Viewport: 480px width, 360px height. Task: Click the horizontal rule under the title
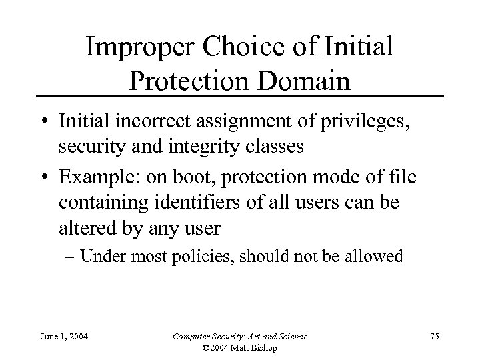240,97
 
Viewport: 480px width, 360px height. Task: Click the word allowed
377,257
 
